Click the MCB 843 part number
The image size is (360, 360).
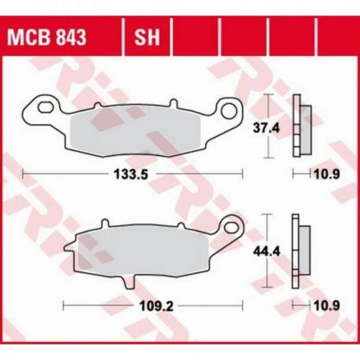(46, 37)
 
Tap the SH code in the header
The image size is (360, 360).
(147, 37)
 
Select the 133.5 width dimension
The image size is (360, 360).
(131, 174)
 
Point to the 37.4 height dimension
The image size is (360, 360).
(266, 128)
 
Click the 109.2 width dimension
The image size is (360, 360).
(156, 306)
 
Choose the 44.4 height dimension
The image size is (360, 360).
(266, 252)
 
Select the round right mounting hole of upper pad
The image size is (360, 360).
(229, 110)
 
